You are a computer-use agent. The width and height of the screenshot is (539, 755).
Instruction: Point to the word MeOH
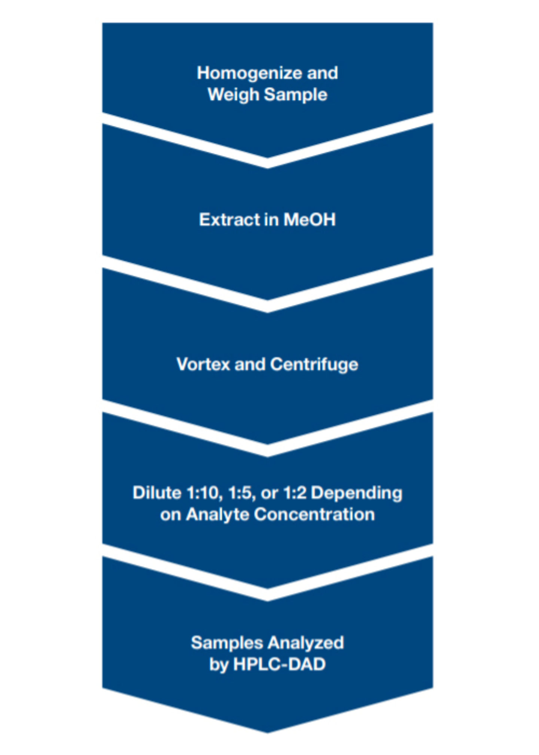click(310, 219)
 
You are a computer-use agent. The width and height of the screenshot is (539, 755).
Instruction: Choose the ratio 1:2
click(295, 493)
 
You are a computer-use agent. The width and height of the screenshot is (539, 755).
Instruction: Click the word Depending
click(357, 494)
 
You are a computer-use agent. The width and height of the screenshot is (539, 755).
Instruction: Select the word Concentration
click(314, 515)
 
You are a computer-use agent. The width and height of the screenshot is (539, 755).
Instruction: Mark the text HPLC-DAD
click(279, 665)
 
